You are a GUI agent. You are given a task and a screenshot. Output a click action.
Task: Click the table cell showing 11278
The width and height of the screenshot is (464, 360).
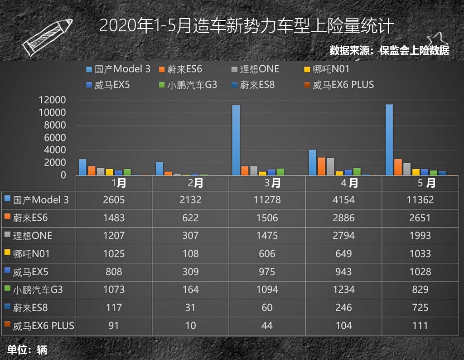[x=267, y=199]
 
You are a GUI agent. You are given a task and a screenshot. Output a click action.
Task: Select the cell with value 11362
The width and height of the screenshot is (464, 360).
[x=420, y=199]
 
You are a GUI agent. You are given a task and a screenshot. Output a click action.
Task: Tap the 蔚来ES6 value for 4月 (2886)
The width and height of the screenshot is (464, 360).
[x=343, y=218]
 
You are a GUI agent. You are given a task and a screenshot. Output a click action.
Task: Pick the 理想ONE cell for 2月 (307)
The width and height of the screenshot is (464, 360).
[x=190, y=236]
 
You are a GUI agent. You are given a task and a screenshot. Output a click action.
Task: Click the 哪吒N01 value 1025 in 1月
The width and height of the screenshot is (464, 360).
[x=114, y=253]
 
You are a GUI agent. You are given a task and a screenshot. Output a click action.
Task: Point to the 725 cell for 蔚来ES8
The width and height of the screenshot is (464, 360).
[x=420, y=307]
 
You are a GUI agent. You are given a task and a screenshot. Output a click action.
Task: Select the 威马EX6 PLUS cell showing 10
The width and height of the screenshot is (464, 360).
[x=190, y=326]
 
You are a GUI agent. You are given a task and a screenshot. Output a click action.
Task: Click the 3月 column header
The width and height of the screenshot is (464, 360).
[x=267, y=183]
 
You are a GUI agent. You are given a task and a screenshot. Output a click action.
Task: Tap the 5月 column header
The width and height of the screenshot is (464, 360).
[x=420, y=183]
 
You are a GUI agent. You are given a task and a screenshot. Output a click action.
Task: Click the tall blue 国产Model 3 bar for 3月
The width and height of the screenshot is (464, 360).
[x=236, y=140]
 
